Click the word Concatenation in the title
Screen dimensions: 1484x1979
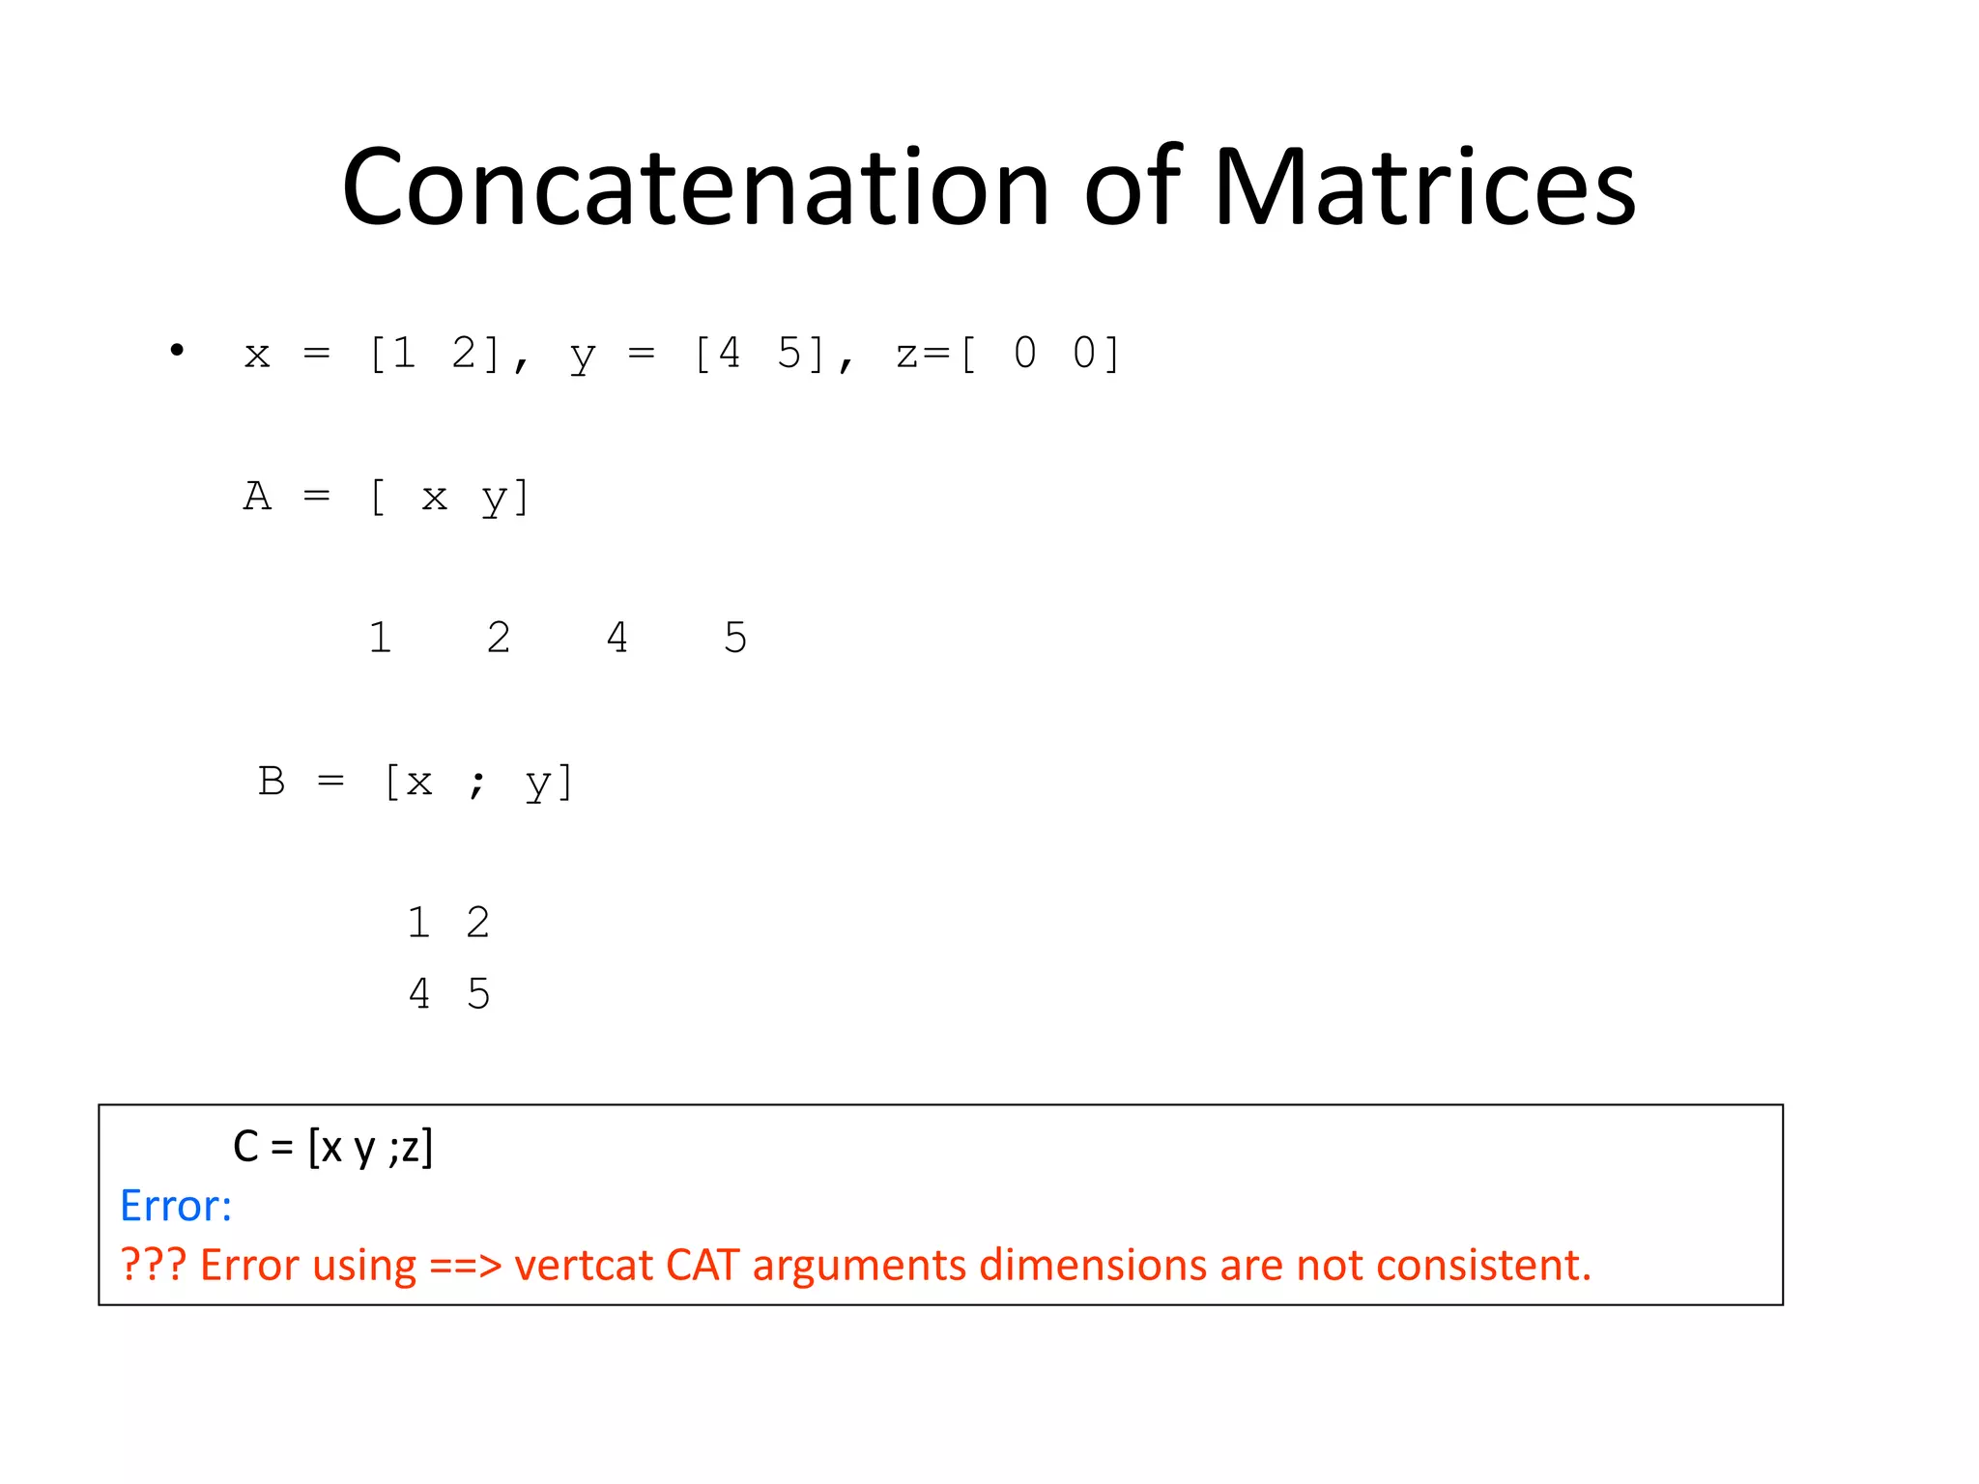[x=695, y=187]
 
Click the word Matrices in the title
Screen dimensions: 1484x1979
[x=1424, y=187]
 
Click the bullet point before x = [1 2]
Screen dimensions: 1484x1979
[x=176, y=350]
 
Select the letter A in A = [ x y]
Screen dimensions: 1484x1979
[x=257, y=497]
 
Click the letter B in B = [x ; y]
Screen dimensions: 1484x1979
[x=272, y=781]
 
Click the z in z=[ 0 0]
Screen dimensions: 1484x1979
[x=907, y=355]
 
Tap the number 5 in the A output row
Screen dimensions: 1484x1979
[x=735, y=638]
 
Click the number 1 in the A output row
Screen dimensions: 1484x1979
[x=381, y=638]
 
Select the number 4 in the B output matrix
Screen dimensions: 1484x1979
[x=419, y=993]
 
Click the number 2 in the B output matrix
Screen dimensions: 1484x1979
[x=478, y=923]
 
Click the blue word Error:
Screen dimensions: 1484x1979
[x=175, y=1206]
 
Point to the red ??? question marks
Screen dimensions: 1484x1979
[x=153, y=1265]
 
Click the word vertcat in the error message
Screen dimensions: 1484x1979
[x=583, y=1265]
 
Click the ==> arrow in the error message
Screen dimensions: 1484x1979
[x=465, y=1265]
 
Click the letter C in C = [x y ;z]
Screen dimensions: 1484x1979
[x=245, y=1147]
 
